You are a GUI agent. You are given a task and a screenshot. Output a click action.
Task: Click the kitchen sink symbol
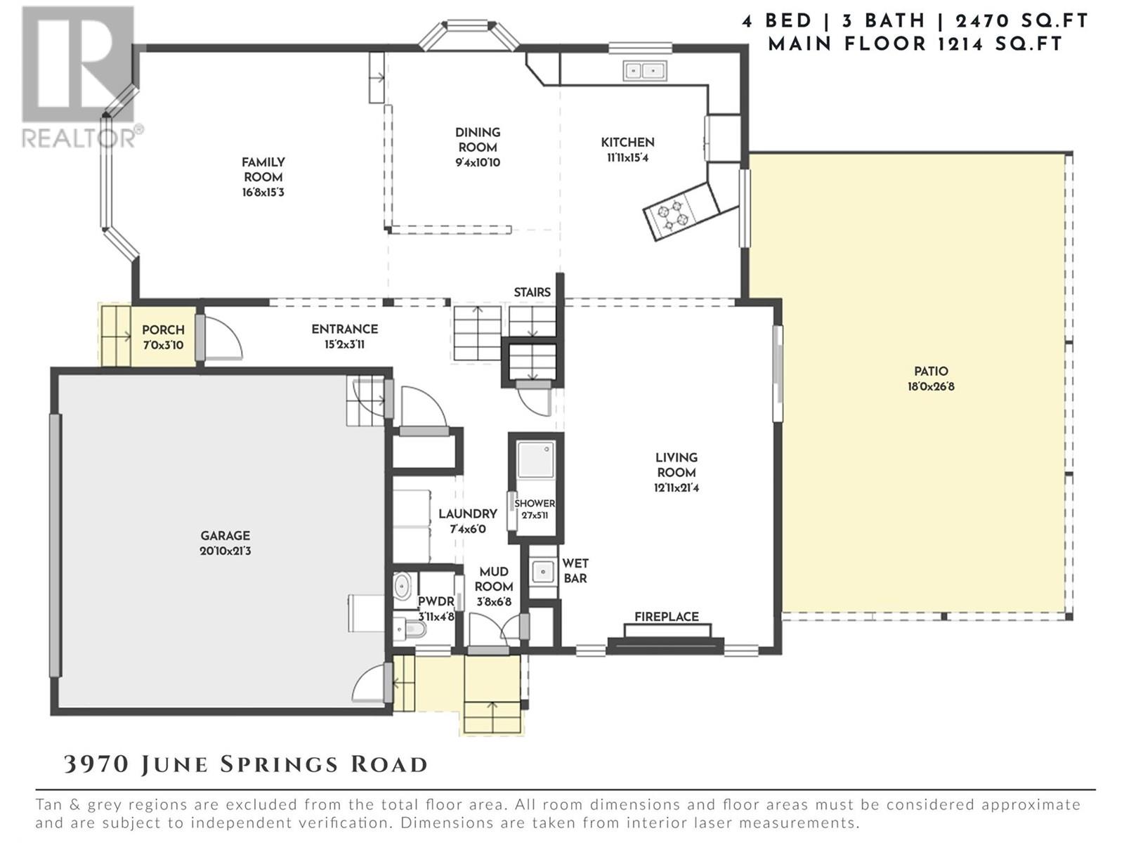(645, 71)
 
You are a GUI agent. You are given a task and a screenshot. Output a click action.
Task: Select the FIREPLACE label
(666, 617)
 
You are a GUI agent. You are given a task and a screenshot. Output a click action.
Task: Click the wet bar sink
(543, 571)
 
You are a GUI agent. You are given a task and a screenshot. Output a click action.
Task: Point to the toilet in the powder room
(410, 629)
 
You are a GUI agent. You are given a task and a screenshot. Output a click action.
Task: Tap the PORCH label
(164, 330)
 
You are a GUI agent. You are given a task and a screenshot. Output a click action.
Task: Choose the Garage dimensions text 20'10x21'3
(226, 551)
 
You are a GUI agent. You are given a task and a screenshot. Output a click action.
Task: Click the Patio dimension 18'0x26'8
(931, 386)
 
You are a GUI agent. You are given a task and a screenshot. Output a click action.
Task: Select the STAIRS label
(532, 292)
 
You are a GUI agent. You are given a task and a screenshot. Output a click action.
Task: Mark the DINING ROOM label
(478, 140)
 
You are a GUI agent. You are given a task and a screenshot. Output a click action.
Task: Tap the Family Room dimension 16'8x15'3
(263, 192)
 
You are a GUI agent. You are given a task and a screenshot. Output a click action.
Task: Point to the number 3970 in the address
(96, 764)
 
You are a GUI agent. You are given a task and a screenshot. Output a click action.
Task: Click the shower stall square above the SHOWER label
(535, 460)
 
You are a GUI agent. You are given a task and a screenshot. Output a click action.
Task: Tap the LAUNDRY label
(468, 514)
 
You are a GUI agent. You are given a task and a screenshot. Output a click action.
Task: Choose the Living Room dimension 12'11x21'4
(677, 488)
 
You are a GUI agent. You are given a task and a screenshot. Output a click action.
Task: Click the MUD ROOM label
(494, 579)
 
